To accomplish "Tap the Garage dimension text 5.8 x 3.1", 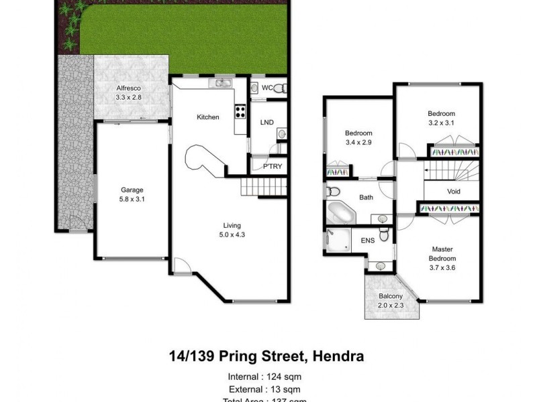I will [x=132, y=199].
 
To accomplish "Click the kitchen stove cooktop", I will [x=239, y=113].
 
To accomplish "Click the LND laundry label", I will [x=266, y=122].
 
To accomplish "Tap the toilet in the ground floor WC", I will [x=281, y=88].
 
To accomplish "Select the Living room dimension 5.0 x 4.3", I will [x=232, y=235].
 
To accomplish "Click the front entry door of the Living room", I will [x=181, y=266].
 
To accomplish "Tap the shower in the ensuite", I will [x=338, y=241].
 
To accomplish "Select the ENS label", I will [x=367, y=240].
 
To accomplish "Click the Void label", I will [x=453, y=192].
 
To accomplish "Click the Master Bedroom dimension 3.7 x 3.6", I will [x=442, y=268].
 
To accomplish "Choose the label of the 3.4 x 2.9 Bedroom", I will [x=358, y=133].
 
